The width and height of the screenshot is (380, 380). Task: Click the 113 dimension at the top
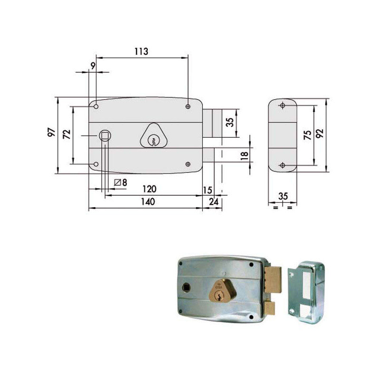(x=141, y=52)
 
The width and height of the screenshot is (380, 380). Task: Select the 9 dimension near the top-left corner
(x=93, y=66)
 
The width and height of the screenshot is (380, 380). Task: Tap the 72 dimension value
(x=66, y=134)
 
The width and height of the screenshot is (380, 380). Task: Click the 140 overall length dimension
(x=148, y=202)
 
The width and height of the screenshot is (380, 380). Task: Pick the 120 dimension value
(x=149, y=189)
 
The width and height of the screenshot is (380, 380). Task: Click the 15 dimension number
(x=207, y=190)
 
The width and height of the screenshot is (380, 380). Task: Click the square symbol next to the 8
(x=118, y=182)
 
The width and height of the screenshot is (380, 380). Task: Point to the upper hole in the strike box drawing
(x=283, y=105)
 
